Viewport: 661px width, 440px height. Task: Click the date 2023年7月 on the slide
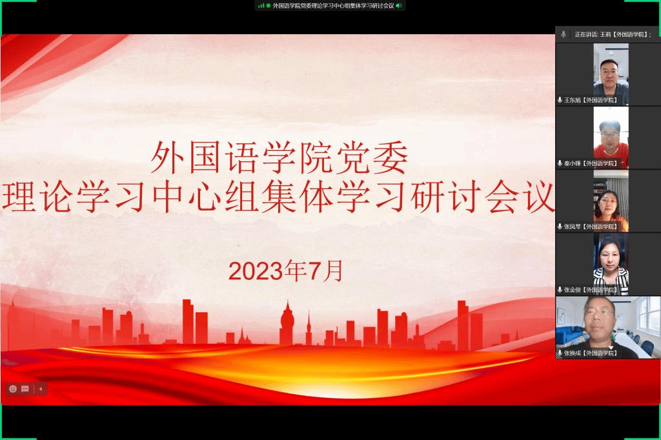[x=286, y=270]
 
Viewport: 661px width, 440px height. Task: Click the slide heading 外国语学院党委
[x=280, y=158]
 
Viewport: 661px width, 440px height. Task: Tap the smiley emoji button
[x=13, y=388]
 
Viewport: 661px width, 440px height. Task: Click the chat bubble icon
[x=25, y=388]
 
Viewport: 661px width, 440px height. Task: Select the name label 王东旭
[x=573, y=100]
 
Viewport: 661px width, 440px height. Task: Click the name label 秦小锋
[x=573, y=163]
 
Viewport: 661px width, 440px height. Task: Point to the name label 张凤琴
[x=573, y=226]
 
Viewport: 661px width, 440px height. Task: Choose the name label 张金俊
[x=573, y=290]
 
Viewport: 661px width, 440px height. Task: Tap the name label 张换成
[x=573, y=353]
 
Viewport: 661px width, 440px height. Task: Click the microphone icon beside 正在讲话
[x=564, y=35]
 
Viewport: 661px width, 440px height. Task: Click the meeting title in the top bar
[x=334, y=6]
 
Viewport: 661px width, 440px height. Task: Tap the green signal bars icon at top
[x=261, y=6]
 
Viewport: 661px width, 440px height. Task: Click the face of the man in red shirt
[x=609, y=135]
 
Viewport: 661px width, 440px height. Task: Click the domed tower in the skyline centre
[x=287, y=323]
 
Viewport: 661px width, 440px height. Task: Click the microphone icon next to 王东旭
[x=560, y=100]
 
